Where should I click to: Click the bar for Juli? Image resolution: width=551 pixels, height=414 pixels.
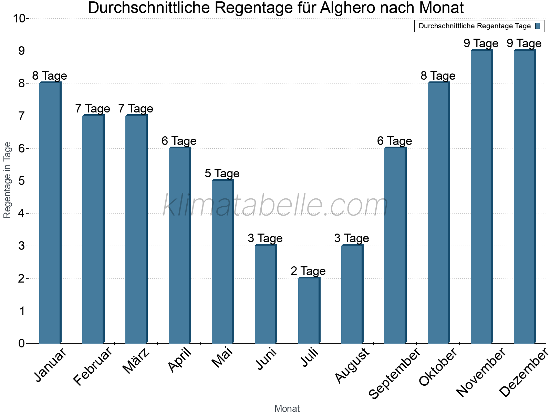[x=309, y=310]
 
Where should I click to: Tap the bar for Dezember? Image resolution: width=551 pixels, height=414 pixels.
[x=525, y=197]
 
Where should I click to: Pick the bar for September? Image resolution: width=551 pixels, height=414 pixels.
[x=395, y=245]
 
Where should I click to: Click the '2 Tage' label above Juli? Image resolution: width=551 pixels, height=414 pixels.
[x=308, y=271]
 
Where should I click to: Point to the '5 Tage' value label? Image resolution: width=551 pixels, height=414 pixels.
[x=222, y=174]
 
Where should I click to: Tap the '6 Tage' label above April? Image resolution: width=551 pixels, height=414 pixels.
[x=179, y=141]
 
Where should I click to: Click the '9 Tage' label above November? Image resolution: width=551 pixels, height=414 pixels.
[x=481, y=43]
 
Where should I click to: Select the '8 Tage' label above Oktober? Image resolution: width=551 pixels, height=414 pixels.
[x=438, y=76]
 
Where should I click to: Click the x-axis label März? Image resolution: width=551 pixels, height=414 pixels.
[x=136, y=361]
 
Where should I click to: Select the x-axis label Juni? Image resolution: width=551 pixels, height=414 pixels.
[x=267, y=359]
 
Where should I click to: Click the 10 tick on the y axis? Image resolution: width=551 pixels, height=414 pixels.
[x=19, y=18]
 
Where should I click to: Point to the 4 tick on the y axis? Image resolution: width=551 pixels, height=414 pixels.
[x=21, y=214]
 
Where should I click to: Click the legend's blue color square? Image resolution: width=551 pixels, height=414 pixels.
[x=538, y=26]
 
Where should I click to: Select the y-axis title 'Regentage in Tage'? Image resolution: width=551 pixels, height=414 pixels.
[x=8, y=180]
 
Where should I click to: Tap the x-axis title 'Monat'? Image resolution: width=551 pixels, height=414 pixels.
[x=287, y=409]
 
